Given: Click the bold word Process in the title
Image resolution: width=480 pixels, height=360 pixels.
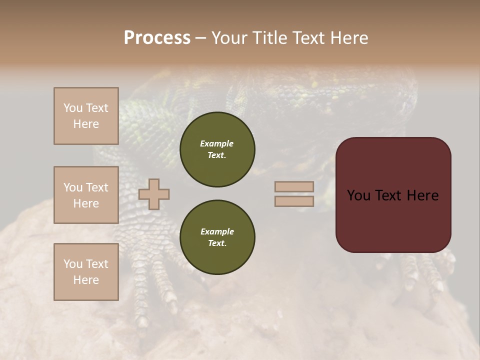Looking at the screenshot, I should point(157,38).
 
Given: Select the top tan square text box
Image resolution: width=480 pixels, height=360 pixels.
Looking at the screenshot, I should point(86,116).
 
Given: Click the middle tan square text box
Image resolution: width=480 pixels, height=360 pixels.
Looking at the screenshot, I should point(86,195).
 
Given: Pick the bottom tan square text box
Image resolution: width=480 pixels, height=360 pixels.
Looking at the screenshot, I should point(86,272).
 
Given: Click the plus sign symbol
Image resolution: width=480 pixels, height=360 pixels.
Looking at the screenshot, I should point(154,194).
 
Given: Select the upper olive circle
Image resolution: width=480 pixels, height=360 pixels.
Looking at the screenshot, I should point(217,149).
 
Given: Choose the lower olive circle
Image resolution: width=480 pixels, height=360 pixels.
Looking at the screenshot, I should point(217,237).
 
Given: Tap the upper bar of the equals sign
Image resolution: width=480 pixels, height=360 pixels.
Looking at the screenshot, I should point(294,186).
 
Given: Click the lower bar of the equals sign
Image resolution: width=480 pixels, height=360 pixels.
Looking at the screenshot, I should point(294,201).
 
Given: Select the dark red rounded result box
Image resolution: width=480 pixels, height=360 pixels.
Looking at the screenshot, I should point(393,194).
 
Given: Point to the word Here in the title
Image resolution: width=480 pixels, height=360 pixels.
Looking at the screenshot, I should point(348,38).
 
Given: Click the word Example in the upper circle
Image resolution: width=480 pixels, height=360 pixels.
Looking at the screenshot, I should point(217,143).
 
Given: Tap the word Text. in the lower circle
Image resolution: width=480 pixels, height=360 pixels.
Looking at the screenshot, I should point(217,243).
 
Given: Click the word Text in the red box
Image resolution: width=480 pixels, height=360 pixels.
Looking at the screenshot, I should point(389,195).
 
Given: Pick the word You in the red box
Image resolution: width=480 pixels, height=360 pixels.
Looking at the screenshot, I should point(358,195).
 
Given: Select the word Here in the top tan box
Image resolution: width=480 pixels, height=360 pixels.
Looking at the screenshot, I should point(86,124).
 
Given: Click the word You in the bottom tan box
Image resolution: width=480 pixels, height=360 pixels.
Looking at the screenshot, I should point(73,264).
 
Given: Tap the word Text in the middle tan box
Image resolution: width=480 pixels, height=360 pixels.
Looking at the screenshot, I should point(97,187).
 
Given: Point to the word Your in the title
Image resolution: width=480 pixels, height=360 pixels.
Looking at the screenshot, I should point(229,38).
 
